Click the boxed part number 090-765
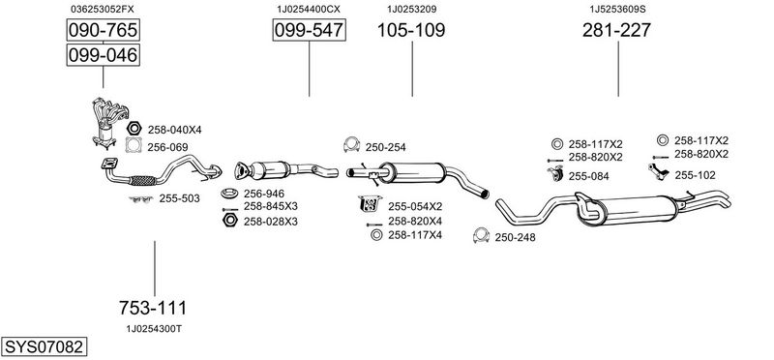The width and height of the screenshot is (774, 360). tap(104, 30)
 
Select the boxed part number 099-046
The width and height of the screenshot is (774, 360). tap(104, 55)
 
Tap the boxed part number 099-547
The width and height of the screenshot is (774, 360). tap(309, 30)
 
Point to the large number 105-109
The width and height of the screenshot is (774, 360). tap(411, 30)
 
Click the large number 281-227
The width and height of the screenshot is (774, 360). tap(616, 30)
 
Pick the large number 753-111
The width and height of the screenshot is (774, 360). tap(153, 308)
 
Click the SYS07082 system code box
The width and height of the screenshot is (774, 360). tap(44, 346)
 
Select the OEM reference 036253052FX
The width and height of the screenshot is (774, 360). tap(103, 9)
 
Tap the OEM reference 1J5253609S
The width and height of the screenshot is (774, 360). tap(617, 9)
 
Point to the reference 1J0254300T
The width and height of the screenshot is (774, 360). tap(154, 328)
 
